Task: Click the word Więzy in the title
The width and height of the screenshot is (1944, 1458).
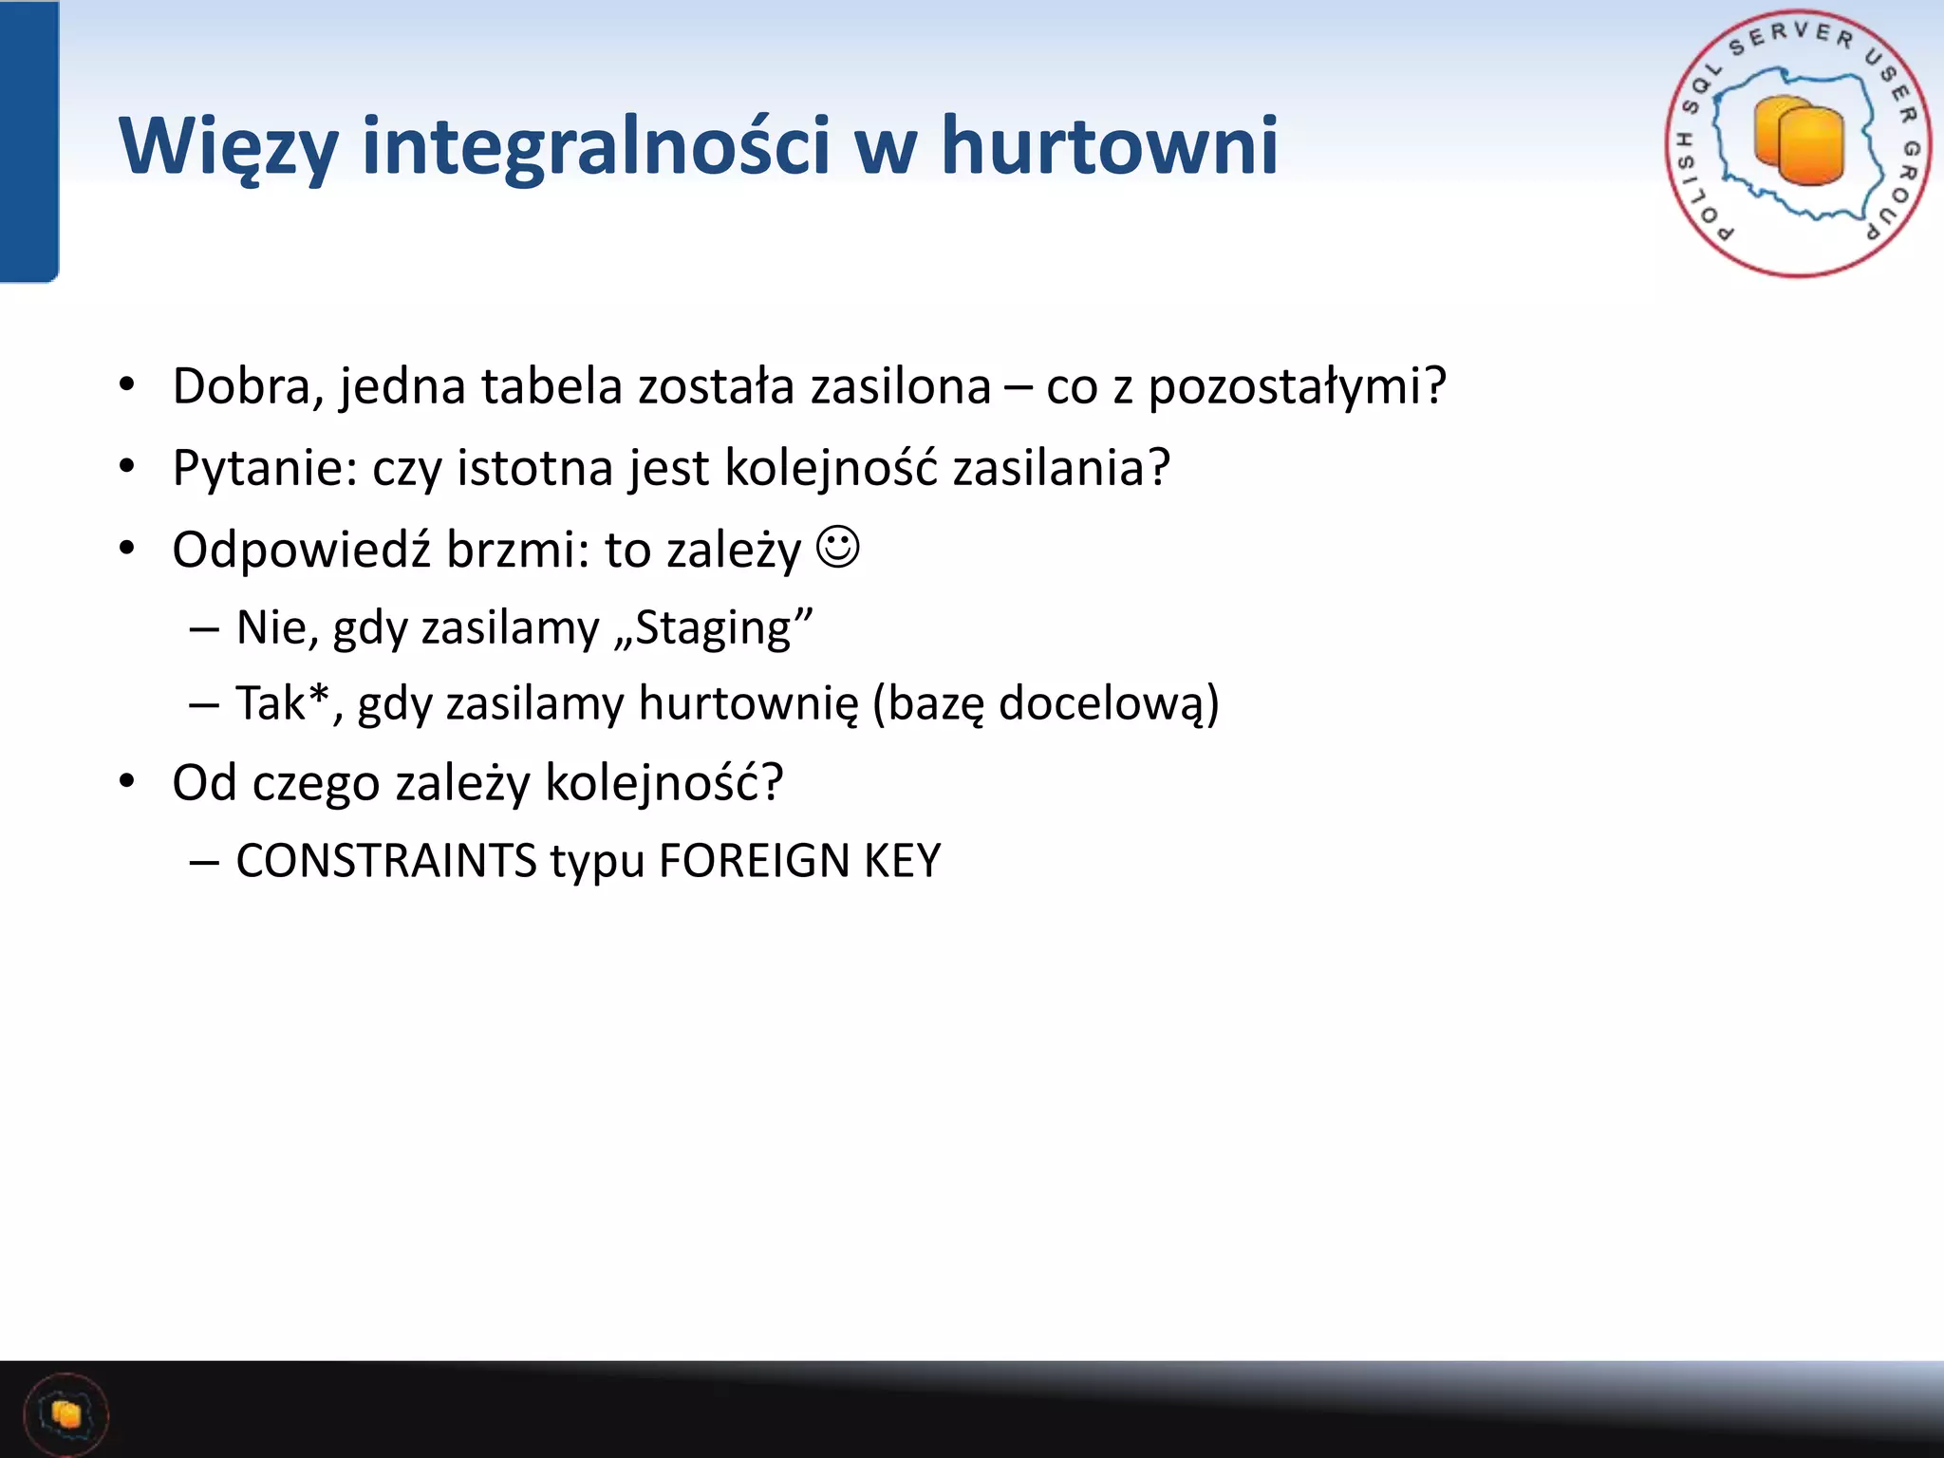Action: pyautogui.click(x=228, y=147)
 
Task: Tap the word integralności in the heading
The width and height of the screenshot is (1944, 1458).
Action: pyautogui.click(x=596, y=147)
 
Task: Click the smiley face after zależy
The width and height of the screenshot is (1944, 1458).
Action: pyautogui.click(x=838, y=548)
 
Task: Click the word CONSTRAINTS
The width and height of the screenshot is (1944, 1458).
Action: pyautogui.click(x=386, y=861)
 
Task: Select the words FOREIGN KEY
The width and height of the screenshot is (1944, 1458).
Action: pyautogui.click(x=799, y=861)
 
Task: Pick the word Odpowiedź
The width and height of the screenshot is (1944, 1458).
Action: pyautogui.click(x=301, y=550)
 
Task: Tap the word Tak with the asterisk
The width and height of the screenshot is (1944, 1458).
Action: pyautogui.click(x=281, y=703)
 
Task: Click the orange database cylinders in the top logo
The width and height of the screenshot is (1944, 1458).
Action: pyautogui.click(x=1798, y=142)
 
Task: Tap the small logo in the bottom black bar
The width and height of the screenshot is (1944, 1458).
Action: pyautogui.click(x=65, y=1414)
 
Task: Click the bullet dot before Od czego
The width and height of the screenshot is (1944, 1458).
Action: pyautogui.click(x=127, y=781)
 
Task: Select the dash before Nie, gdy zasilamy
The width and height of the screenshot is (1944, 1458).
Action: pyautogui.click(x=204, y=628)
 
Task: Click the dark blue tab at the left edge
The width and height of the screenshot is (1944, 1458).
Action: pyautogui.click(x=28, y=142)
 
